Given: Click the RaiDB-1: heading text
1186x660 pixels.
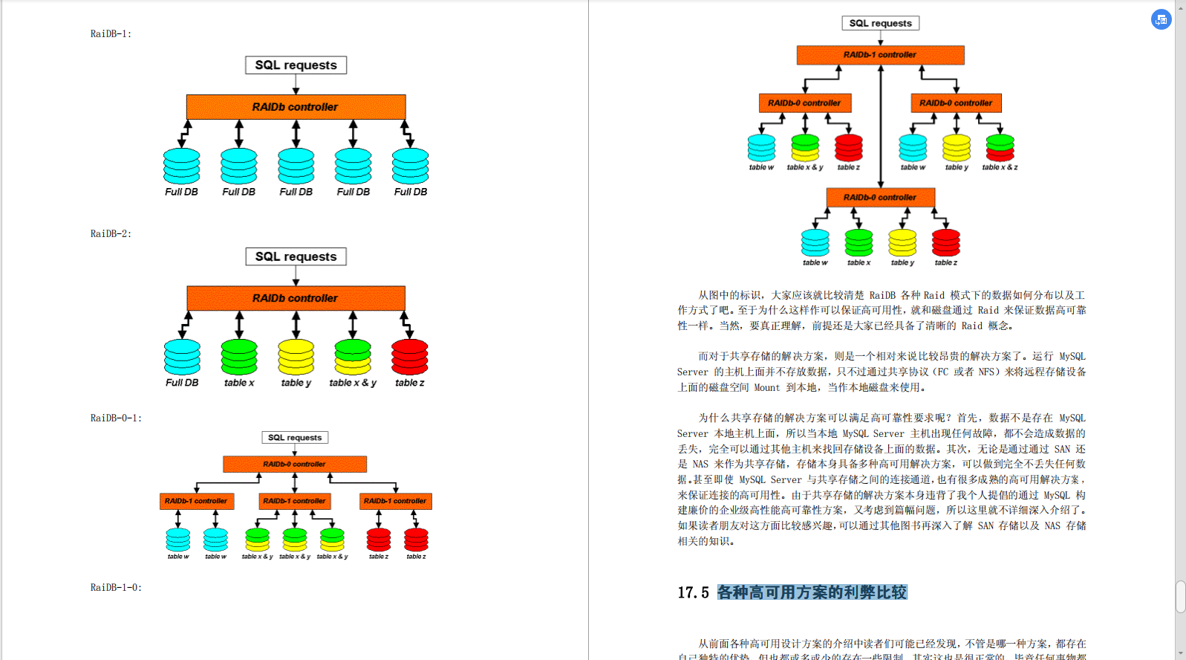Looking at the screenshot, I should [x=111, y=34].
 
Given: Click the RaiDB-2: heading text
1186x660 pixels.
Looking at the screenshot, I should [x=111, y=234].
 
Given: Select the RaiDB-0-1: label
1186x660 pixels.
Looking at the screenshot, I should [x=116, y=418].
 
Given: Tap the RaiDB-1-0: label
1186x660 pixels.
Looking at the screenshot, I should [x=116, y=588].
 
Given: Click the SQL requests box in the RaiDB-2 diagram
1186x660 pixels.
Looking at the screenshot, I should [x=296, y=257].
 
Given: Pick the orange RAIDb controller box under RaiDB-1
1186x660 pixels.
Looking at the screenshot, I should [x=296, y=107].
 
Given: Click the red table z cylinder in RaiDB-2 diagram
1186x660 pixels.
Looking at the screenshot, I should [x=410, y=357].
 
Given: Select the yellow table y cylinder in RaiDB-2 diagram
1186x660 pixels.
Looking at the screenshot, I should [x=296, y=357].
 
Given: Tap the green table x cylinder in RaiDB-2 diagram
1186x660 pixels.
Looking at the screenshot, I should [x=239, y=357].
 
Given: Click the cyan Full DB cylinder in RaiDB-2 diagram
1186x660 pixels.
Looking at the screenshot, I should [x=182, y=357].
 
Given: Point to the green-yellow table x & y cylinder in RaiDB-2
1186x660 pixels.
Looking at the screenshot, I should [x=353, y=357].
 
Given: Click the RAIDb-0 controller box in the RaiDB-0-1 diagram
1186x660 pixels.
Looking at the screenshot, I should [x=295, y=465].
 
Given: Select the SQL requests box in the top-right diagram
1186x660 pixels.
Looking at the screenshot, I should [x=880, y=23].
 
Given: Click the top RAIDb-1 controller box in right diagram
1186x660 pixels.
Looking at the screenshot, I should [x=880, y=55].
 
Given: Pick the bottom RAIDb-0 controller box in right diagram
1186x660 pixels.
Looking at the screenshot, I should [x=880, y=198].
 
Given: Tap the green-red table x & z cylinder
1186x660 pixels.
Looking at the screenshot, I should [x=1000, y=148].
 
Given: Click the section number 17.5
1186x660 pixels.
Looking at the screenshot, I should [x=693, y=593].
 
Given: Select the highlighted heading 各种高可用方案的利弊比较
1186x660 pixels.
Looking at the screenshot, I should [x=812, y=593].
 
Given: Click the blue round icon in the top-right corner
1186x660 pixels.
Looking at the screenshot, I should [x=1161, y=19].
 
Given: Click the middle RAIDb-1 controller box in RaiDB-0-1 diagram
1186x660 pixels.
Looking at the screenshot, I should [x=295, y=502].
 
